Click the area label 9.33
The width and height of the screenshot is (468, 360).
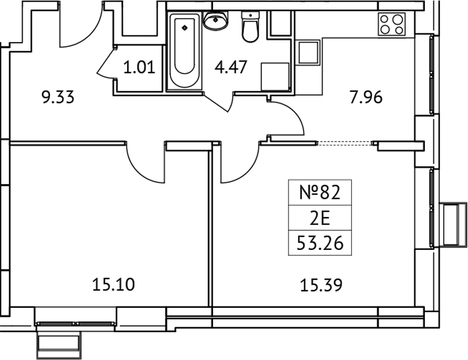[x=57, y=97]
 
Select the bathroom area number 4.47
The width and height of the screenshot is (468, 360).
[x=231, y=66]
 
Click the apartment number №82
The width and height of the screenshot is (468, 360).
[x=318, y=193]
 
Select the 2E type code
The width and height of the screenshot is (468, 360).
[x=318, y=218]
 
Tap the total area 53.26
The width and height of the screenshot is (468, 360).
[x=318, y=243]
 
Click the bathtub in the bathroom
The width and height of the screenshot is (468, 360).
[x=185, y=51]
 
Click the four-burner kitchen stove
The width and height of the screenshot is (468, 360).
[x=392, y=24]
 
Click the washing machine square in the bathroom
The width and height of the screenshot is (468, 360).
[x=275, y=76]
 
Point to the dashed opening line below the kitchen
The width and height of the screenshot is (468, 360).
[x=345, y=144]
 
